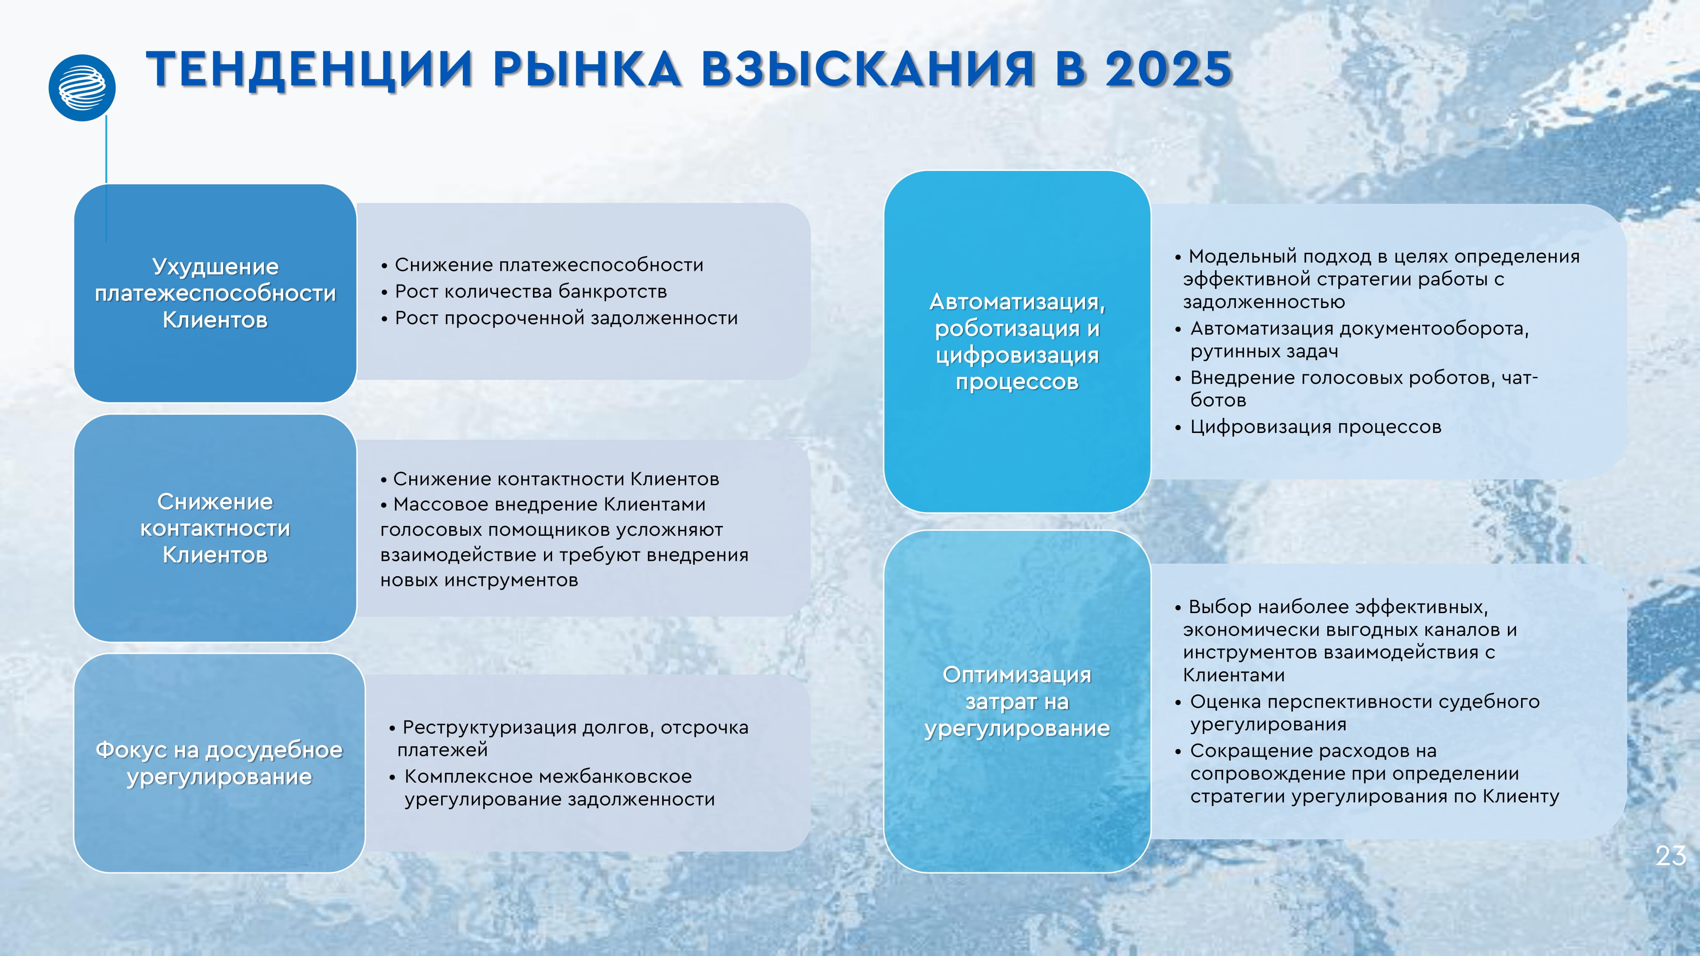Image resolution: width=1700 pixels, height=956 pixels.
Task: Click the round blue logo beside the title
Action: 82,88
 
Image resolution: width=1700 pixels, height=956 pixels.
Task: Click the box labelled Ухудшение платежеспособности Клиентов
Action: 215,293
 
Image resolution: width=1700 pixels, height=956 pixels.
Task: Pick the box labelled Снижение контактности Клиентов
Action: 215,528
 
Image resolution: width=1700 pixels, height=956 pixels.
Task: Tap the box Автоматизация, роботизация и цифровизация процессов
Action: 1017,341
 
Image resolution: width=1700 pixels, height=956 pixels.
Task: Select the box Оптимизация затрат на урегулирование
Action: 1017,701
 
